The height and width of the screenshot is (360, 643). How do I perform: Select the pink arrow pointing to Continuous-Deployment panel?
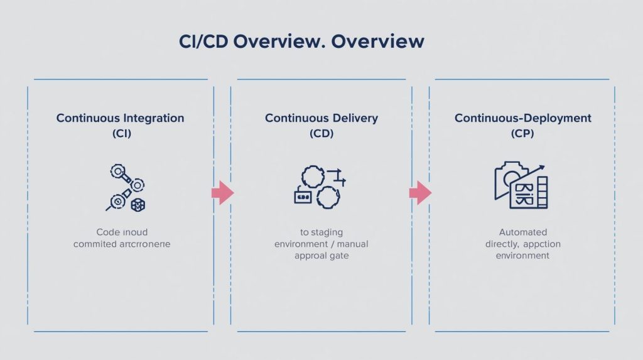[x=420, y=193]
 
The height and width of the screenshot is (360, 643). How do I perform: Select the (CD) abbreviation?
[x=321, y=133]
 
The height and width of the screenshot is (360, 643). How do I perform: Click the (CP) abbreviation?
[x=522, y=133]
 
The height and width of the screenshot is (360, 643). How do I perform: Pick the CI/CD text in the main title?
[x=203, y=41]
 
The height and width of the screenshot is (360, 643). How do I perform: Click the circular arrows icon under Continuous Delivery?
[x=320, y=187]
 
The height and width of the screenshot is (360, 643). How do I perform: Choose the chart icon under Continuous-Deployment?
[x=521, y=185]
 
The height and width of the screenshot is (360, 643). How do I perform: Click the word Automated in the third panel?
[x=522, y=232]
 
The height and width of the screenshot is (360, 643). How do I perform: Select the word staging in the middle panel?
[x=327, y=232]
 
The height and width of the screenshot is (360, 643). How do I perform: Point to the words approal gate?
[x=321, y=256]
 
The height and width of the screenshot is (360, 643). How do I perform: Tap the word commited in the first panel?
[x=94, y=244]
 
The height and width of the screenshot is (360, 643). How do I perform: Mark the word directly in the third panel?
[x=502, y=244]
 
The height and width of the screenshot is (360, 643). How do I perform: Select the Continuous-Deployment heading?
[x=522, y=118]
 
